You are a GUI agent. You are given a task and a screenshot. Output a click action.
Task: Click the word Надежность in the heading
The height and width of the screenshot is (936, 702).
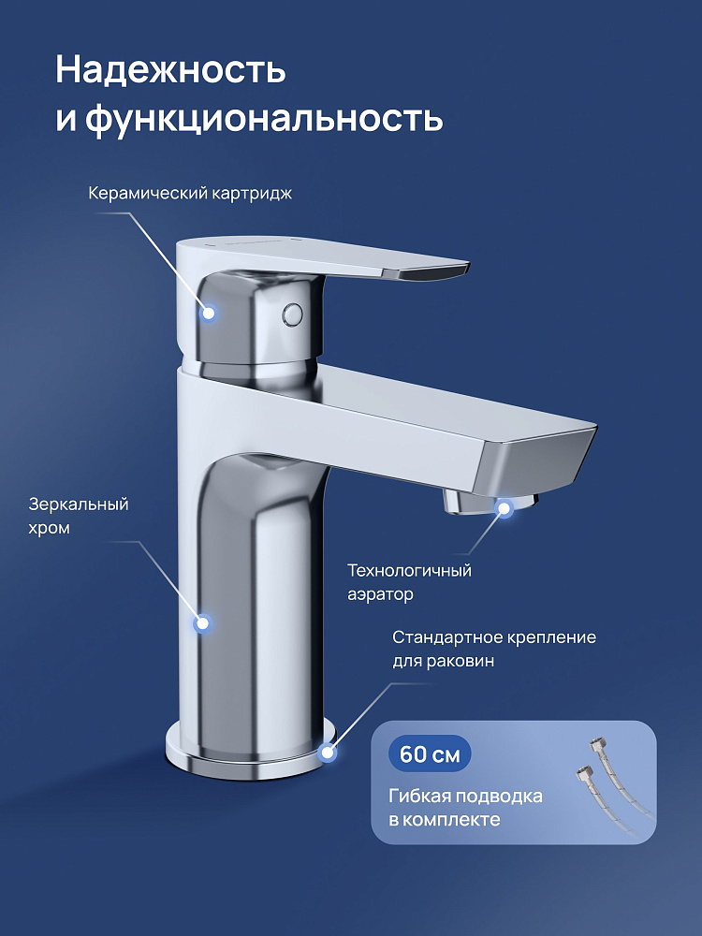click(x=170, y=70)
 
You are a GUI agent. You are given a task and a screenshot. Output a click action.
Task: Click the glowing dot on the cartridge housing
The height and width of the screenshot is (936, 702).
click(x=209, y=313)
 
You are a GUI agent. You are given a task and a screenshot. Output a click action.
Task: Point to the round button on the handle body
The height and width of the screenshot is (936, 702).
click(x=293, y=314)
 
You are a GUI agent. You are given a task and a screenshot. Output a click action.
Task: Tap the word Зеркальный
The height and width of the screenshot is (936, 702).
click(x=79, y=505)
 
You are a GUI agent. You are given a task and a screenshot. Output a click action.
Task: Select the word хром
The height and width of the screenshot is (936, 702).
click(x=49, y=529)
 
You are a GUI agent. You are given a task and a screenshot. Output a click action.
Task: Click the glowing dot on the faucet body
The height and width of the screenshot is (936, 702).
click(x=203, y=623)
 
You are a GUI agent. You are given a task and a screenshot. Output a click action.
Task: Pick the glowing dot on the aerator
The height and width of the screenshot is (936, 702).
click(x=505, y=508)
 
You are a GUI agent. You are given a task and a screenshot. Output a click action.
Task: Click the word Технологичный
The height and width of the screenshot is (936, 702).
click(x=410, y=571)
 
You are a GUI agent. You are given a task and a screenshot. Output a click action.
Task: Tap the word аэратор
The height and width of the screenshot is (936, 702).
click(x=380, y=595)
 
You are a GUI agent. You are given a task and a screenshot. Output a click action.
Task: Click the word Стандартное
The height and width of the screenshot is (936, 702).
click(x=447, y=637)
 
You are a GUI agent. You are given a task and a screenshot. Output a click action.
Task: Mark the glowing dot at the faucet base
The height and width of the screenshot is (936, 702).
click(x=327, y=753)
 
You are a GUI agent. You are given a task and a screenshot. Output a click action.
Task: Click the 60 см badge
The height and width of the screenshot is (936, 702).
click(x=430, y=753)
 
